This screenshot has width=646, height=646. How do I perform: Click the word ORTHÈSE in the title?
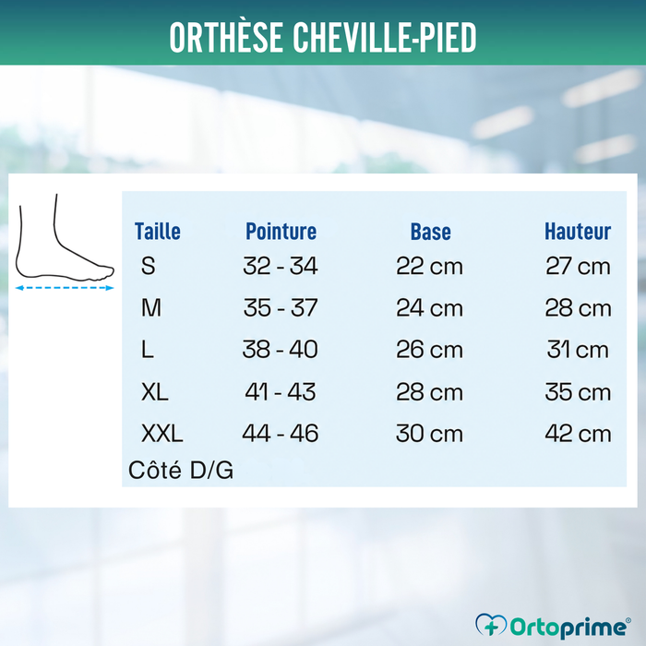[x=226, y=37]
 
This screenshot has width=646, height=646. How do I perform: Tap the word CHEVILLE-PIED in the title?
[x=385, y=37]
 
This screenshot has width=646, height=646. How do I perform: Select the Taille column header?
[x=158, y=231]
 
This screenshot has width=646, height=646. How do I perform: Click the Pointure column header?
[x=281, y=231]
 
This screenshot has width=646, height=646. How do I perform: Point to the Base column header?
[x=431, y=232]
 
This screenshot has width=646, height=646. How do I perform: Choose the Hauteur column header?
[x=578, y=231]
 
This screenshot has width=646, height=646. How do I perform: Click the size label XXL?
[x=161, y=434]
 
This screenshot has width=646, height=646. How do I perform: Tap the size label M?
[x=151, y=307]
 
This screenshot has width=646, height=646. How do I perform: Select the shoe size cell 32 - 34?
[x=281, y=266]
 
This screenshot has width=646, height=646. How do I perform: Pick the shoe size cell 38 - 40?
[x=281, y=350]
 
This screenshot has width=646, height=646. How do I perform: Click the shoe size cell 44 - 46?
[x=281, y=434]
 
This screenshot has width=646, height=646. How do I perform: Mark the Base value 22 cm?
[x=429, y=266]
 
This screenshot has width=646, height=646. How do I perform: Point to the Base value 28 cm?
[x=429, y=392]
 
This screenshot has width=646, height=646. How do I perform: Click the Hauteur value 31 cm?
[x=578, y=350]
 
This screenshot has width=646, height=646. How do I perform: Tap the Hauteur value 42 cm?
[x=578, y=434]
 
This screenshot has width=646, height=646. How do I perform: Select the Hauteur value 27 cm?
[x=578, y=266]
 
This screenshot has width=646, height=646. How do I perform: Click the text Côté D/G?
[x=181, y=470]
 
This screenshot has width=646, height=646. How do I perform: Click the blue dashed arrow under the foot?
[x=65, y=288]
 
